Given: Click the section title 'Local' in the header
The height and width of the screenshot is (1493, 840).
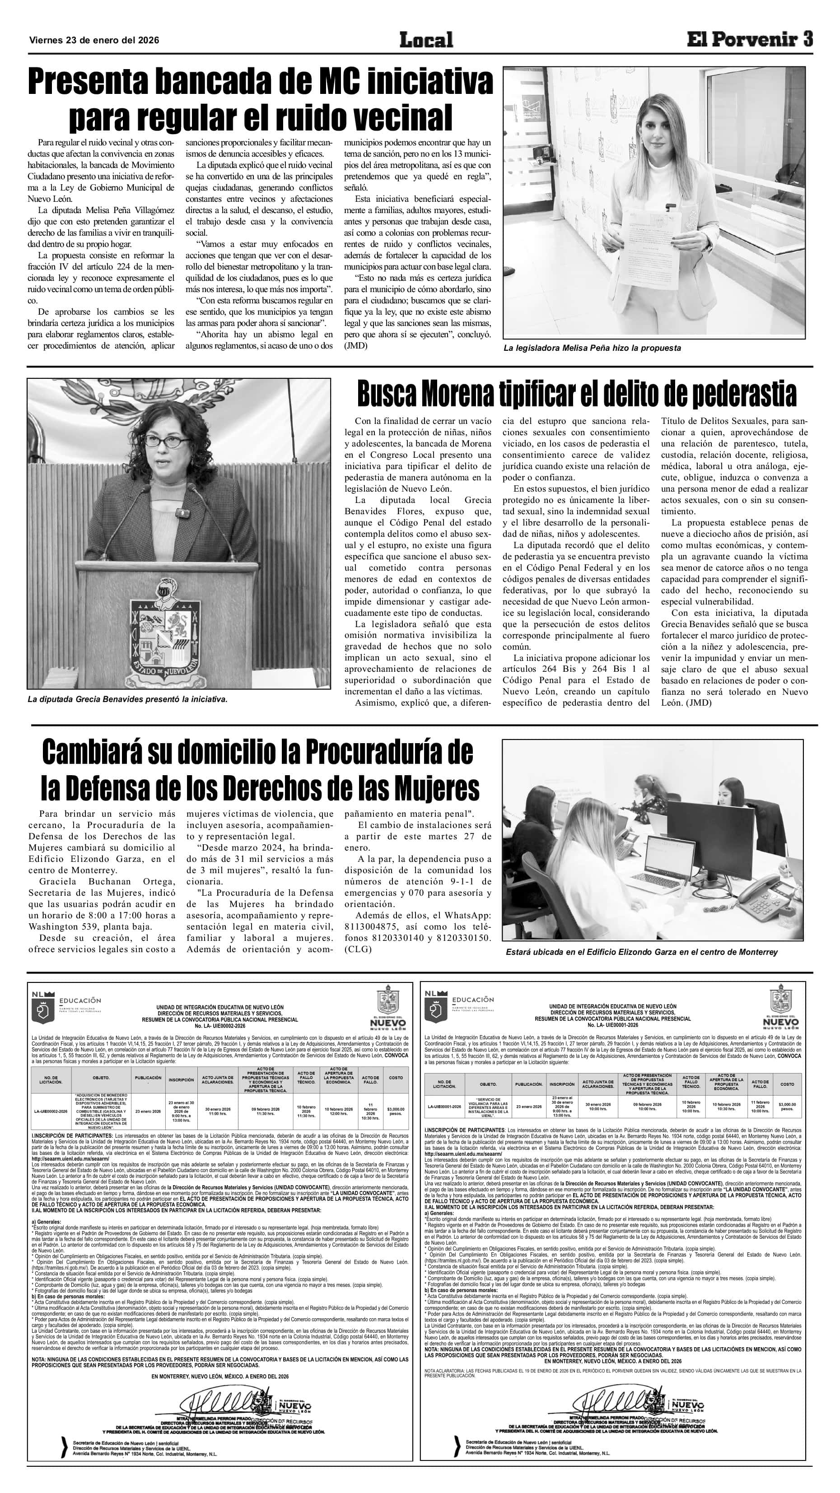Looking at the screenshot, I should point(426,40).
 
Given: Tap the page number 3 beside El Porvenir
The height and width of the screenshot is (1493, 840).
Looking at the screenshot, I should point(807,39).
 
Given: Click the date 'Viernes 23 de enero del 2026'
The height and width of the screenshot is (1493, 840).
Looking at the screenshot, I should point(94,41).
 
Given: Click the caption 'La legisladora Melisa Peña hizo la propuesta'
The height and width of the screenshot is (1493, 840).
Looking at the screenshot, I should point(591,349).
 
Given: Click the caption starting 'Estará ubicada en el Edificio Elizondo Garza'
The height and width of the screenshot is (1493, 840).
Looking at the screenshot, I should point(641,952).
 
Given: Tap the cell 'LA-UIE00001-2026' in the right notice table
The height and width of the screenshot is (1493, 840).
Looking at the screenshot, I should point(444,1107).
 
